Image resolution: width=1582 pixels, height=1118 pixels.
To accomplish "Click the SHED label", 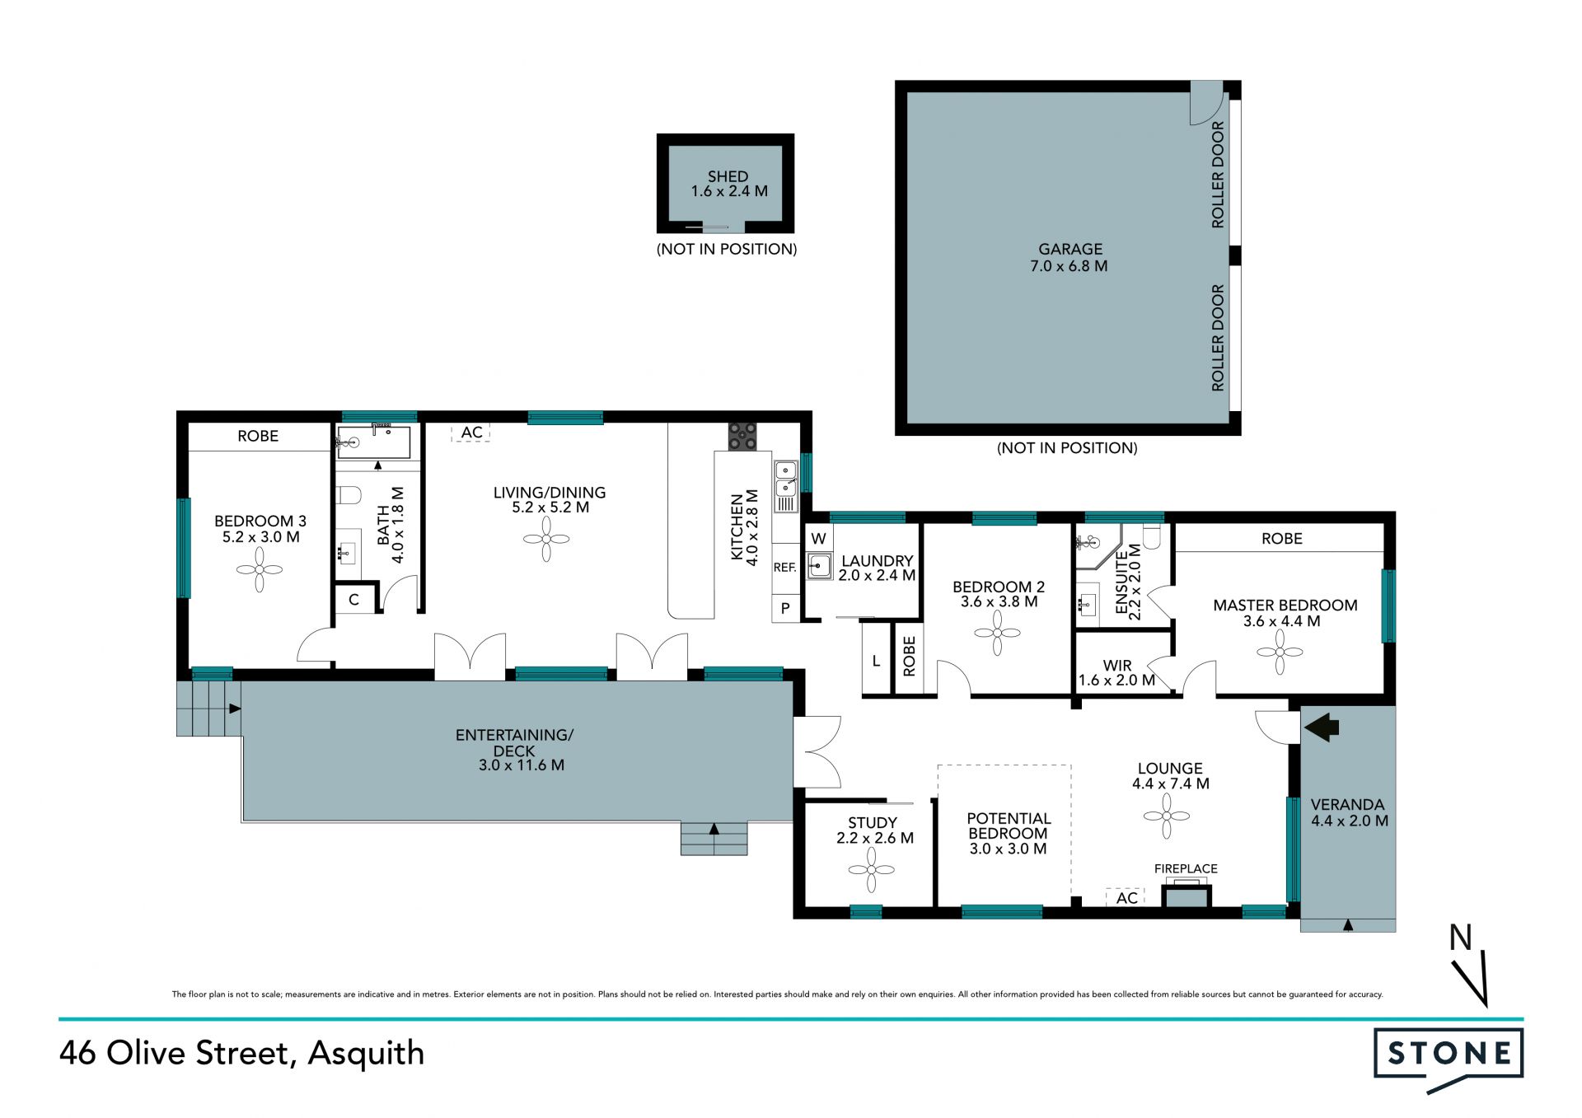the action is (x=728, y=176).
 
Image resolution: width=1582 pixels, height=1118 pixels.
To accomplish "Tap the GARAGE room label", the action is (x=1070, y=249).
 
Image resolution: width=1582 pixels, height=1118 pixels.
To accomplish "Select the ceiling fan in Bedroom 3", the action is (x=260, y=569).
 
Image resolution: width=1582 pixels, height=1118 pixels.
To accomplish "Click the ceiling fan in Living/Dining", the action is (x=546, y=540).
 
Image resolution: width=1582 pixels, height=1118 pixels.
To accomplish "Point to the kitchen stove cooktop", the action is (x=742, y=437).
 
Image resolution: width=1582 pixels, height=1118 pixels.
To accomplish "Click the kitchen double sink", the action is (x=786, y=486).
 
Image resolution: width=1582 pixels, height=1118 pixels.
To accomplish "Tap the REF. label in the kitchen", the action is (x=784, y=568).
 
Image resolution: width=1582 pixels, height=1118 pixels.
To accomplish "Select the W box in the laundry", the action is (x=818, y=539).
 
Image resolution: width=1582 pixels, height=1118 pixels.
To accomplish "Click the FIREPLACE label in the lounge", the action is (x=1186, y=868).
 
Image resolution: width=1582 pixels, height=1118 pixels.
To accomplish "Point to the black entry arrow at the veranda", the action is (x=1322, y=727).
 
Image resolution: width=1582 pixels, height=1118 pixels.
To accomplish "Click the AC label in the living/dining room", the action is (x=471, y=433).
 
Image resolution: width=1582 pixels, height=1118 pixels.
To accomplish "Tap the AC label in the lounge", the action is (x=1126, y=898).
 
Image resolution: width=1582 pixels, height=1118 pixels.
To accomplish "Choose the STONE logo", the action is (x=1449, y=1060).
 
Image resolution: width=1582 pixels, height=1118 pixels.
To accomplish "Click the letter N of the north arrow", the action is (x=1461, y=938).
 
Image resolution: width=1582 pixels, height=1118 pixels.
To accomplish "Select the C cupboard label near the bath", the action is (x=353, y=600).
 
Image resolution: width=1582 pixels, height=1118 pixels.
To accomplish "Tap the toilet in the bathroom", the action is (x=349, y=495).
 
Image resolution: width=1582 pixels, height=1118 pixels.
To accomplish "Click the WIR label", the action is (x=1117, y=665).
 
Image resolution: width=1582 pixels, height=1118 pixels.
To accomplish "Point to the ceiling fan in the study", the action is (x=872, y=869).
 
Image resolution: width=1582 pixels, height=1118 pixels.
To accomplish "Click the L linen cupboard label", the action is (x=876, y=661).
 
